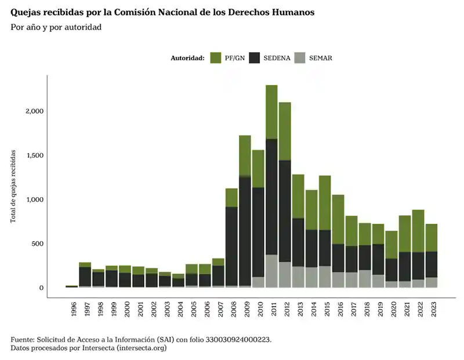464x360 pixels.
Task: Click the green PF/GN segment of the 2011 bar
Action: pos(271,112)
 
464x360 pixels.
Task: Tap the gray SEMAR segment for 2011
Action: pos(271,271)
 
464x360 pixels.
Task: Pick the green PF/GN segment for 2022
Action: pos(418,231)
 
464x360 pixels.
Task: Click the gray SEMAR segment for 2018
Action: pos(365,278)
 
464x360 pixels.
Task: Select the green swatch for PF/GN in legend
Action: pos(215,58)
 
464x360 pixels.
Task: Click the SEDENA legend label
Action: pos(277,58)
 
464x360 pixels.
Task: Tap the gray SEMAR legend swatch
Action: pos(300,58)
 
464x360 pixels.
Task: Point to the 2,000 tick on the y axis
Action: pos(33,111)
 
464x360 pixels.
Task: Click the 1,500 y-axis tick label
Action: pos(33,155)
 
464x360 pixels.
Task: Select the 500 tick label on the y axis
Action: pos(37,243)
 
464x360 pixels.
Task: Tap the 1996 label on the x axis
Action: pos(74,309)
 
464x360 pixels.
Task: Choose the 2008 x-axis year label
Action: pos(232,309)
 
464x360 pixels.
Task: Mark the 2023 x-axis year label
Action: pos(433,309)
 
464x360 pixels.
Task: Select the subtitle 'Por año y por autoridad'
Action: pos(56,28)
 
